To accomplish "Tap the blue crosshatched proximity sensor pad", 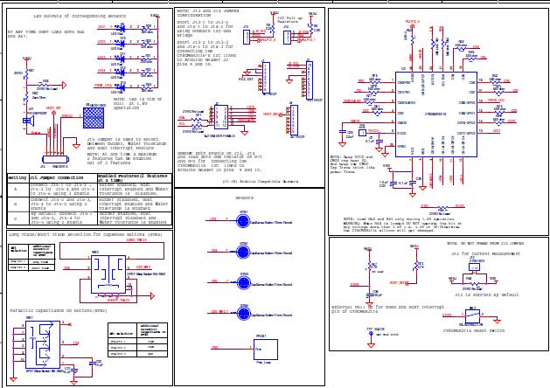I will click(x=94, y=117).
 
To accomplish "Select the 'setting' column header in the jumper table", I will click(x=16, y=177).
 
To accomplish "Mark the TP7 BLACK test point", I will click(x=375, y=330).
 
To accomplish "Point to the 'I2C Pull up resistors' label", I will click(x=288, y=19).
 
